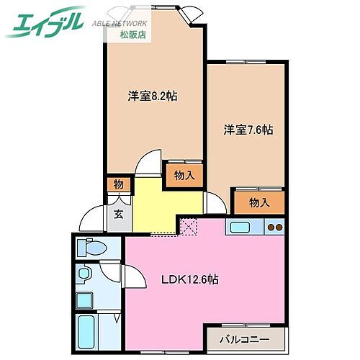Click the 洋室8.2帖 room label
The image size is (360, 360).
point(153,96)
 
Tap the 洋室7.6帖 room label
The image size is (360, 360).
point(248,130)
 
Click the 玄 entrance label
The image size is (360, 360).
point(117,214)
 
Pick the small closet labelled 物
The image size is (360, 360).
point(118,185)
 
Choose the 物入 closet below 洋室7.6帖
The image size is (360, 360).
point(258,202)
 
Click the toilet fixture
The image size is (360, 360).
point(92,248)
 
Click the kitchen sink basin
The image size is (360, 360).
point(240,229)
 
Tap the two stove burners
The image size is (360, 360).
point(275,229)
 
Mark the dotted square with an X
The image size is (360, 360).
point(189,228)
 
